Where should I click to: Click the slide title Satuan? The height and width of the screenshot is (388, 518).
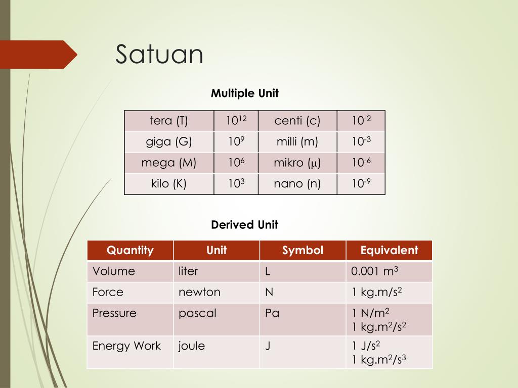tap(159, 55)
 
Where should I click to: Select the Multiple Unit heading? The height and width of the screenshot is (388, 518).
tap(245, 93)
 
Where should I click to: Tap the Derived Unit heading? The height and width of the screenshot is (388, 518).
tap(245, 225)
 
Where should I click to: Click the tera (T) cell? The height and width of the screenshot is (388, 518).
tap(169, 121)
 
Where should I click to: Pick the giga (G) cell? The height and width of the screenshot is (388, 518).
tap(169, 142)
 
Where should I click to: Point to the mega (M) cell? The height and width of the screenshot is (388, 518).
tap(169, 163)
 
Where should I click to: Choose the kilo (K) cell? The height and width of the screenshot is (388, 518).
tap(169, 184)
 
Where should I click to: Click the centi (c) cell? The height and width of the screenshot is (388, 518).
tap(297, 121)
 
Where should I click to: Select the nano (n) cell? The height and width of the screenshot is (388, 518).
tap(297, 184)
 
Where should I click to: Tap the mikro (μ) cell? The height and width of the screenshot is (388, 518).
tap(297, 163)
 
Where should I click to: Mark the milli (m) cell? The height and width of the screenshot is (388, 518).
tap(297, 142)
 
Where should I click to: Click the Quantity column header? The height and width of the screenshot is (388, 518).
tap(130, 251)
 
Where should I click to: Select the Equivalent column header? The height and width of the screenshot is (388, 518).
tap(389, 251)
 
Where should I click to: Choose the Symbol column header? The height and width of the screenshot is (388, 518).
tap(303, 251)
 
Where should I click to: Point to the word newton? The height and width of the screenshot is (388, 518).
tap(199, 293)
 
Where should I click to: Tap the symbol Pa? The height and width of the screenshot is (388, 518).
tap(272, 313)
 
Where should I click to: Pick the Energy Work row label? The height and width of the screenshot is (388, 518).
tap(126, 346)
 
